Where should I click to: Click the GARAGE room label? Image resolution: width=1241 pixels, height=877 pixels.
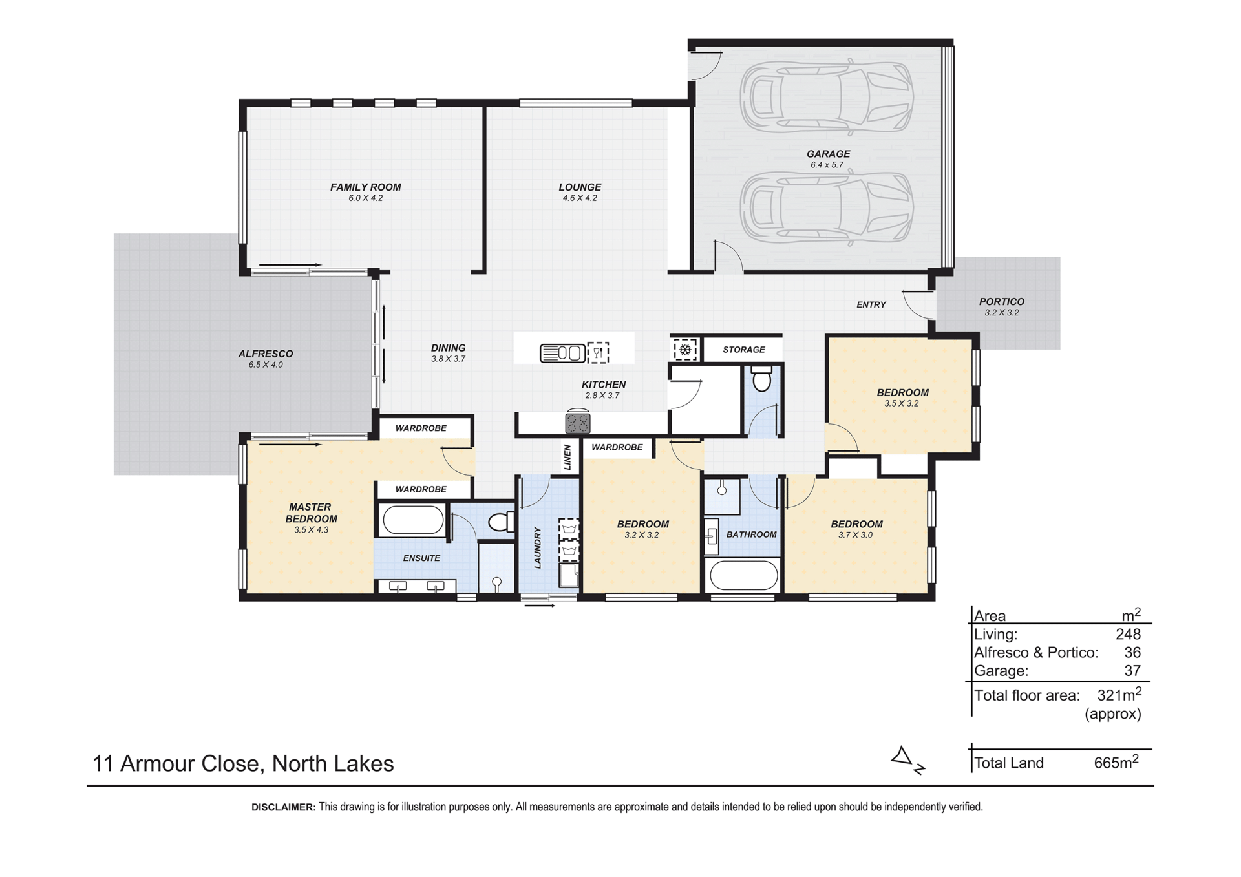click(x=828, y=154)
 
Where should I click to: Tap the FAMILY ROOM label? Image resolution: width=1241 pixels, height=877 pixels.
click(x=366, y=187)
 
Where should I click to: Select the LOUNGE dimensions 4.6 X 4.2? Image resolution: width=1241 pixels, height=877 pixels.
click(x=580, y=198)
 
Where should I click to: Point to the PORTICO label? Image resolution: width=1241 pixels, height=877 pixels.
click(x=1001, y=302)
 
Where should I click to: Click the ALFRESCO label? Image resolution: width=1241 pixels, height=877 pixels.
click(x=266, y=354)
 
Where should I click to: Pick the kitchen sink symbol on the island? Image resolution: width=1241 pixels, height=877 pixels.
click(x=562, y=353)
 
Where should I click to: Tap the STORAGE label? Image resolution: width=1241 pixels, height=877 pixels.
click(x=743, y=350)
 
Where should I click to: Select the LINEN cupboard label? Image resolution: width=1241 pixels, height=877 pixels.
click(x=567, y=457)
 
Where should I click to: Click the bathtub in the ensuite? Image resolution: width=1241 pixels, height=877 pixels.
click(x=413, y=520)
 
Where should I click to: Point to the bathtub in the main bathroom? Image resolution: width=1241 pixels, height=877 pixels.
click(x=743, y=575)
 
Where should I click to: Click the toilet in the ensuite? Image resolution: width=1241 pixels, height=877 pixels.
click(x=501, y=521)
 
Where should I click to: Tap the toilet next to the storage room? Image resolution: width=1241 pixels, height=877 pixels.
click(x=762, y=379)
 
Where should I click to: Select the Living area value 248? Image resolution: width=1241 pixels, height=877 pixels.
click(x=1128, y=635)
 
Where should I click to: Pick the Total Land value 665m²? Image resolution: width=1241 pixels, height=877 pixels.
click(x=1116, y=762)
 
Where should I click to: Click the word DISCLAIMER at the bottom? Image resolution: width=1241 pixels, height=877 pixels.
click(x=283, y=807)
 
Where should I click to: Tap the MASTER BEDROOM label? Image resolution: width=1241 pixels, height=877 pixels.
click(x=311, y=513)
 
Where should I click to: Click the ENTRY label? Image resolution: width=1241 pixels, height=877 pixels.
click(x=871, y=305)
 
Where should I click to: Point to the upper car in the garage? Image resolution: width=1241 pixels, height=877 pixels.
click(x=827, y=97)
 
